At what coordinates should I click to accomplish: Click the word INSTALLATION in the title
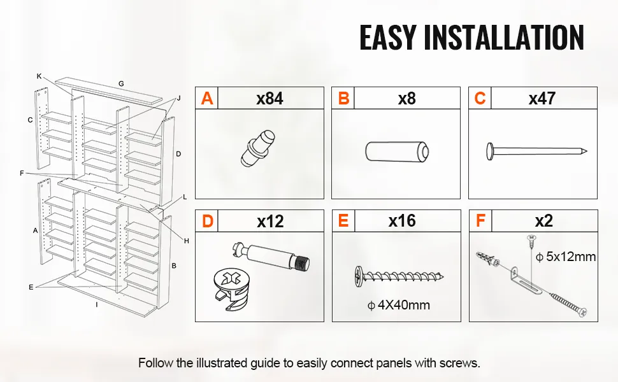504,38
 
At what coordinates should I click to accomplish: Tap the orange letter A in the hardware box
207,98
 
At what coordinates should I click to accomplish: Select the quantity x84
270,99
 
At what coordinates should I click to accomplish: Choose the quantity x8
407,99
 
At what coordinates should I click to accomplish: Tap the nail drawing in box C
536,152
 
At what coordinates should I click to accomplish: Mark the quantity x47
542,99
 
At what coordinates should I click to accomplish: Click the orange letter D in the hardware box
207,222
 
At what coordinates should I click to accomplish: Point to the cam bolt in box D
271,257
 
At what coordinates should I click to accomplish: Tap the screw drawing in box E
399,276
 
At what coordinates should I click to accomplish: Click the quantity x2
544,222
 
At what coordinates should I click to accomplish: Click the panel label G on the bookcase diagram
121,83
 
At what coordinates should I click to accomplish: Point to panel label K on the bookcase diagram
39,76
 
